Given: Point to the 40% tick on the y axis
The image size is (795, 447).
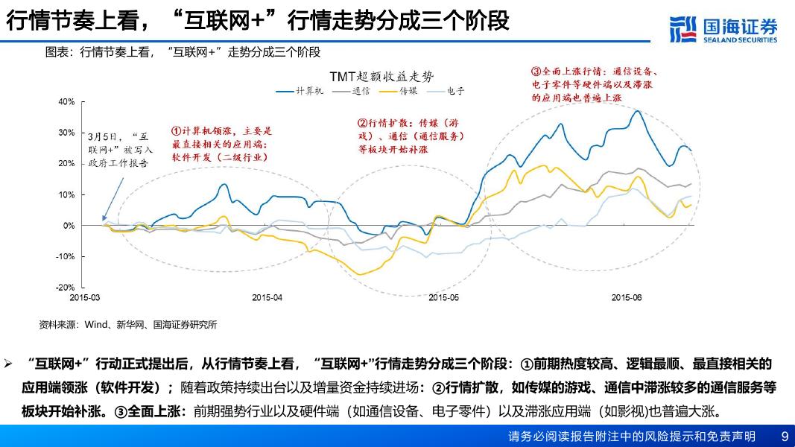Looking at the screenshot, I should [x=66, y=102].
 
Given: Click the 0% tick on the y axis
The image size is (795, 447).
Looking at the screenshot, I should [x=69, y=226].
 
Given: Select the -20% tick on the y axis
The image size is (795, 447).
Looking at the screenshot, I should [x=66, y=288].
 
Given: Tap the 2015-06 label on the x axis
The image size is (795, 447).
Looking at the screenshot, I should [x=626, y=297].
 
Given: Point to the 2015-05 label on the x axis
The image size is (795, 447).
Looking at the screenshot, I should [x=445, y=297].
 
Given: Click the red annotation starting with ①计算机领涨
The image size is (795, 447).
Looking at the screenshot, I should [x=222, y=143].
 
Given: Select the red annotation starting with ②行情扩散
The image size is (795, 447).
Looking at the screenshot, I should [x=411, y=136].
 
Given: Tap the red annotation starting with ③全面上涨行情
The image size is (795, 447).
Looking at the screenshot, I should [x=594, y=84].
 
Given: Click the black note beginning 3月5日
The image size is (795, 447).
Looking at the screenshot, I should [x=120, y=150].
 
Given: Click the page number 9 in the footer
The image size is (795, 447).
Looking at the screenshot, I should [x=784, y=436].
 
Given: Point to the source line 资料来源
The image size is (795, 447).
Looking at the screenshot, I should [x=128, y=325].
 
